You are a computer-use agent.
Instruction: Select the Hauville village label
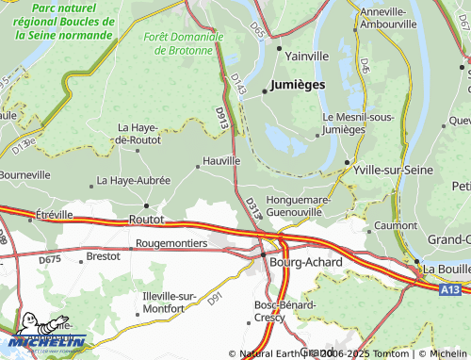click(x=222, y=161)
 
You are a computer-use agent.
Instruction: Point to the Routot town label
click(x=145, y=219)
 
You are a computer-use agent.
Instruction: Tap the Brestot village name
click(x=103, y=255)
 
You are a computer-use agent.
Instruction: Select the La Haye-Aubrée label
click(x=135, y=180)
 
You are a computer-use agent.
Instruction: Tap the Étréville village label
click(x=53, y=214)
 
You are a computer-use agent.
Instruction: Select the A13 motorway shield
click(x=449, y=291)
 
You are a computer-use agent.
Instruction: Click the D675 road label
click(x=50, y=259)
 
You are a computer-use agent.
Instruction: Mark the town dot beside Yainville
click(x=279, y=45)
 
